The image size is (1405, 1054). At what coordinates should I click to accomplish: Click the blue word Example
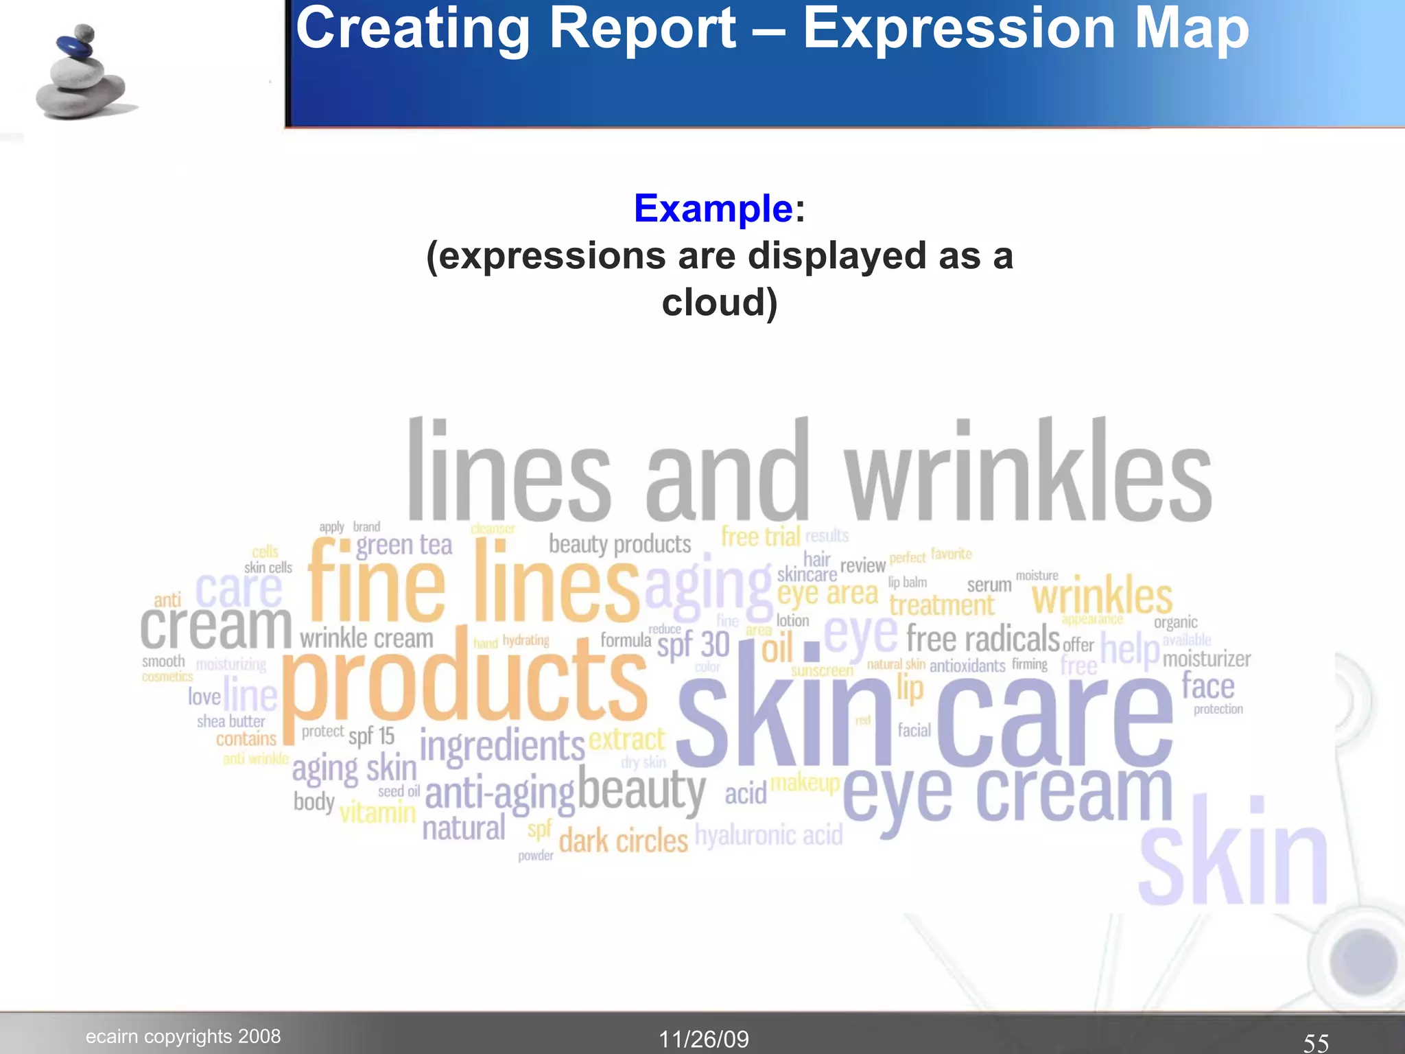(713, 208)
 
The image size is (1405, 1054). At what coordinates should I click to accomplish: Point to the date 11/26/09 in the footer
(704, 1039)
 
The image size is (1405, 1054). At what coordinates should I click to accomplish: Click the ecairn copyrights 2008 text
(183, 1035)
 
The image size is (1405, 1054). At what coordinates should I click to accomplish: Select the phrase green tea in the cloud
(404, 545)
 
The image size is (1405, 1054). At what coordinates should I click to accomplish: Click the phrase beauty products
(619, 544)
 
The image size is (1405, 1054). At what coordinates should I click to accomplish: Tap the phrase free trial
(761, 536)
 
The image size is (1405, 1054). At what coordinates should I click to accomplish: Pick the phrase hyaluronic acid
(768, 835)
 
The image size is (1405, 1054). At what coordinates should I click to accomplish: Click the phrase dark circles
(623, 841)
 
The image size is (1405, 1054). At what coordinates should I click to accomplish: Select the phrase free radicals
(982, 639)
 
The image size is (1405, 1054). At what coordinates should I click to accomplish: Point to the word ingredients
(502, 746)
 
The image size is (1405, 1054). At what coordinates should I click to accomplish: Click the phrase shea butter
(231, 721)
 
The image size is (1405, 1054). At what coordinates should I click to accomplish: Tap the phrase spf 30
(693, 645)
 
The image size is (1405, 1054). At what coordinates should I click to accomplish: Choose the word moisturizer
(1207, 659)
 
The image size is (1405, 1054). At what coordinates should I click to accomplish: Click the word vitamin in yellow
(378, 812)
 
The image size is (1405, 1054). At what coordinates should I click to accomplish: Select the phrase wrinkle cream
(366, 638)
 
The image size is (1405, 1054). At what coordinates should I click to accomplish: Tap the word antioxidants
(967, 666)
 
